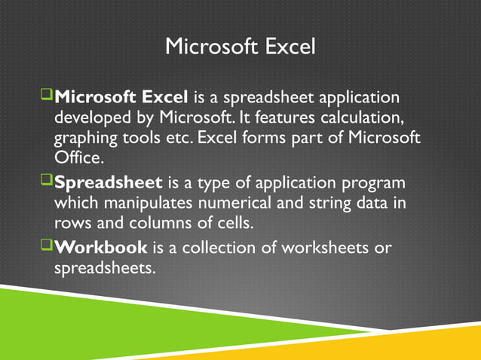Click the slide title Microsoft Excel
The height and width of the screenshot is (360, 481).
click(240, 47)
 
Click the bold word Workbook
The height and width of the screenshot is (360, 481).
click(102, 247)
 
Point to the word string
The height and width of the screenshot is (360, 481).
click(323, 203)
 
